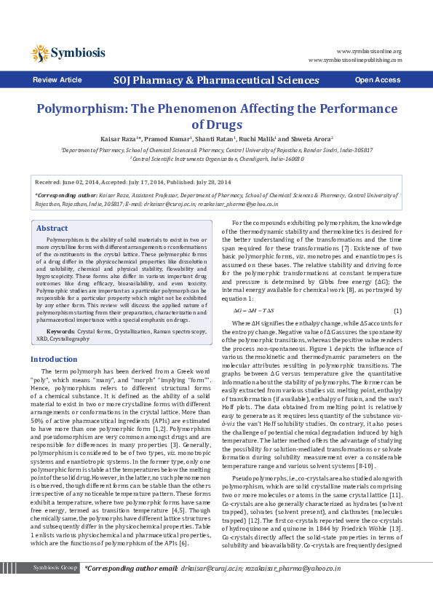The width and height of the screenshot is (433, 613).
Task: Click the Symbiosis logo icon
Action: [x=40, y=52]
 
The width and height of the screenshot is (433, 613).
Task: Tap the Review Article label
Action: [x=57, y=79]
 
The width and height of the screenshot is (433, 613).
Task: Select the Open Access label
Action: [x=377, y=79]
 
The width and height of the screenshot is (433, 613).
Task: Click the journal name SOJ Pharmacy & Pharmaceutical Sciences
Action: [x=215, y=79]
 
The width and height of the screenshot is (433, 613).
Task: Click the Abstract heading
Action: [x=52, y=207]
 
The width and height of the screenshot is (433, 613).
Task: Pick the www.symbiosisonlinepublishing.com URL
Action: [x=354, y=60]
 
